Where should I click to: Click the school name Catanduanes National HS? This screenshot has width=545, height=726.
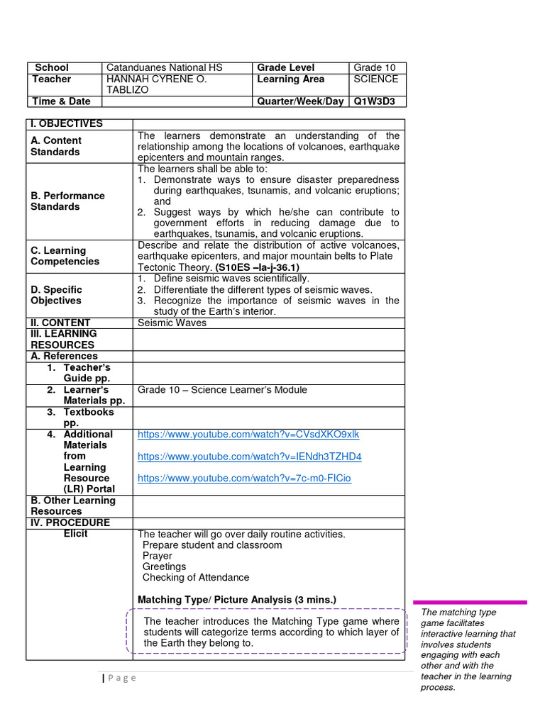click(x=164, y=67)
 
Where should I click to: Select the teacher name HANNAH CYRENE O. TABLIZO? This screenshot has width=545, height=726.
click(x=156, y=84)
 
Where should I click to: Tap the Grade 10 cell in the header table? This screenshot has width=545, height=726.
click(x=375, y=67)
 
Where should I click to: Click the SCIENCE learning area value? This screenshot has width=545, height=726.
click(x=375, y=79)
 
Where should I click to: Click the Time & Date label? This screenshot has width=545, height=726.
click(x=61, y=101)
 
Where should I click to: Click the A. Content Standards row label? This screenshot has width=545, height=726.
click(x=56, y=146)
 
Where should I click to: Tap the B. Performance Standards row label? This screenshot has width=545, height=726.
click(x=67, y=201)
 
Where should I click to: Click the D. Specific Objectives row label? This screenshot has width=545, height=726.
click(x=56, y=295)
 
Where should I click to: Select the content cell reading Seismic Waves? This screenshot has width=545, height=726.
click(x=172, y=323)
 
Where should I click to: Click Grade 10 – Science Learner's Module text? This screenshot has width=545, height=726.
click(x=222, y=389)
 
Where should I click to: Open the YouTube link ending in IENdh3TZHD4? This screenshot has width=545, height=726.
click(x=249, y=457)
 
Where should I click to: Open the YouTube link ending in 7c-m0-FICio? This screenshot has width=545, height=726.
click(x=244, y=479)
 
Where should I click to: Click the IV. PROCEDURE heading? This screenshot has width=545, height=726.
click(x=70, y=523)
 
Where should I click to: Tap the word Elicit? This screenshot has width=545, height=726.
click(x=76, y=533)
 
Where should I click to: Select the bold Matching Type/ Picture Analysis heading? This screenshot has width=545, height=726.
click(x=237, y=600)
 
